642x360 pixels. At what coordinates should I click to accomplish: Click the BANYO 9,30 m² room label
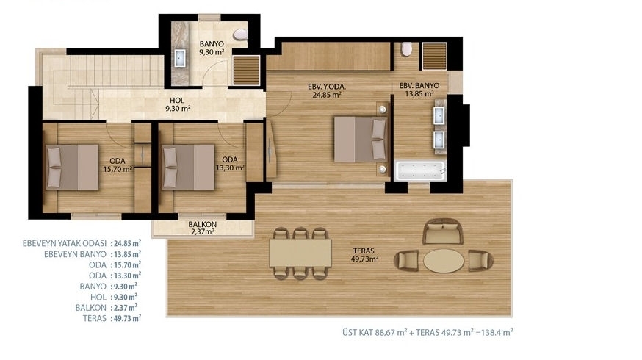point(212,48)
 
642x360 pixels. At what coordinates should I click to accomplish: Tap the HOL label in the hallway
point(177,101)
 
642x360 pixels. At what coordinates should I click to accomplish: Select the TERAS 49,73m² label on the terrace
point(364,255)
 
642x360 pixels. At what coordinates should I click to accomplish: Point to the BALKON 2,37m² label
point(203,228)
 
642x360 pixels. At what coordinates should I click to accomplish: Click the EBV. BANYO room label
point(419,86)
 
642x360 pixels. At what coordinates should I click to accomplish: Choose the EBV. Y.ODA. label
point(327,87)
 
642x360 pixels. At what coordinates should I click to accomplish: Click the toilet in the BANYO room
point(240,35)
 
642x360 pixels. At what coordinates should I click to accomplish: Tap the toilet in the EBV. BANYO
point(406,49)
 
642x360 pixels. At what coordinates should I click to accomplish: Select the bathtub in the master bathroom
point(419,170)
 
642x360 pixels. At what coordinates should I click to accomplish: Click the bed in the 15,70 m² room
point(72,167)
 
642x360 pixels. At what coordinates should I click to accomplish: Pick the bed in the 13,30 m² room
point(188,167)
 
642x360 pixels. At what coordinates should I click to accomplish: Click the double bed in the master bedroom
point(361,140)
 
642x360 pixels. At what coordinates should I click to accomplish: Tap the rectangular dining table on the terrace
point(300,253)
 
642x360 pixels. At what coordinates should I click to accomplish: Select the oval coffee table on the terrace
point(444,261)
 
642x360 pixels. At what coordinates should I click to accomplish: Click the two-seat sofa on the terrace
point(443,231)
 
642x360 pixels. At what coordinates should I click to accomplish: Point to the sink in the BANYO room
point(180,58)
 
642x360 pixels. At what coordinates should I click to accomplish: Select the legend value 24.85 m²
point(128,243)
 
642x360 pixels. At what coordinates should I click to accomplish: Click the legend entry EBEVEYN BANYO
point(76,254)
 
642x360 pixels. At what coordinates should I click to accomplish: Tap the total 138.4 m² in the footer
point(497,333)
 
